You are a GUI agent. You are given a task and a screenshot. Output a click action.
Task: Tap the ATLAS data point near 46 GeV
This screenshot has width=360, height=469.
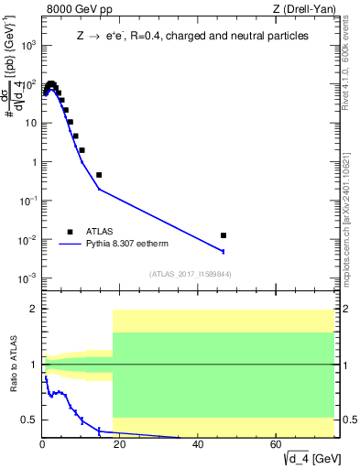click(224, 235)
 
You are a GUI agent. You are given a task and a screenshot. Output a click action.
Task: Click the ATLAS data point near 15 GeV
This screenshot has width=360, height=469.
click(99, 174)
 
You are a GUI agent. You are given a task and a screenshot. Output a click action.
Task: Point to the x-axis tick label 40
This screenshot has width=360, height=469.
click(199, 446)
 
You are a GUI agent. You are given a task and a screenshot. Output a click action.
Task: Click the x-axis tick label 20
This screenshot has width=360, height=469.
click(121, 446)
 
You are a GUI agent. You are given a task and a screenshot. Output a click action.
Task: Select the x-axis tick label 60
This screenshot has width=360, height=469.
click(277, 446)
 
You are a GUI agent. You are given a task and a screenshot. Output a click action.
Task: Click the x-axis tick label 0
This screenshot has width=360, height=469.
click(43, 446)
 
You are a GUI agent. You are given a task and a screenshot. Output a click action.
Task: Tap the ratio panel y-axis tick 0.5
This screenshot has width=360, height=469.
click(29, 420)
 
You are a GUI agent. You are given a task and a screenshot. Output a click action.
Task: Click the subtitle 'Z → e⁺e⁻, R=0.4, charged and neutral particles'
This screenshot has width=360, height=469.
click(191, 36)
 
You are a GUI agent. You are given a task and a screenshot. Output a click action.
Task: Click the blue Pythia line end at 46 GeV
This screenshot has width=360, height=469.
click(224, 251)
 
